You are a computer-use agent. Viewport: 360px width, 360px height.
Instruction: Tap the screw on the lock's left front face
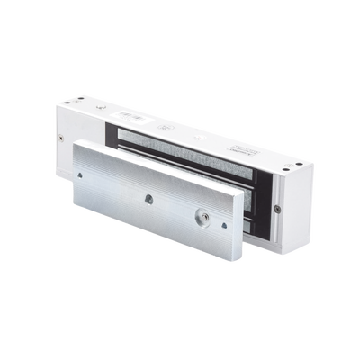coord(60,139)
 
